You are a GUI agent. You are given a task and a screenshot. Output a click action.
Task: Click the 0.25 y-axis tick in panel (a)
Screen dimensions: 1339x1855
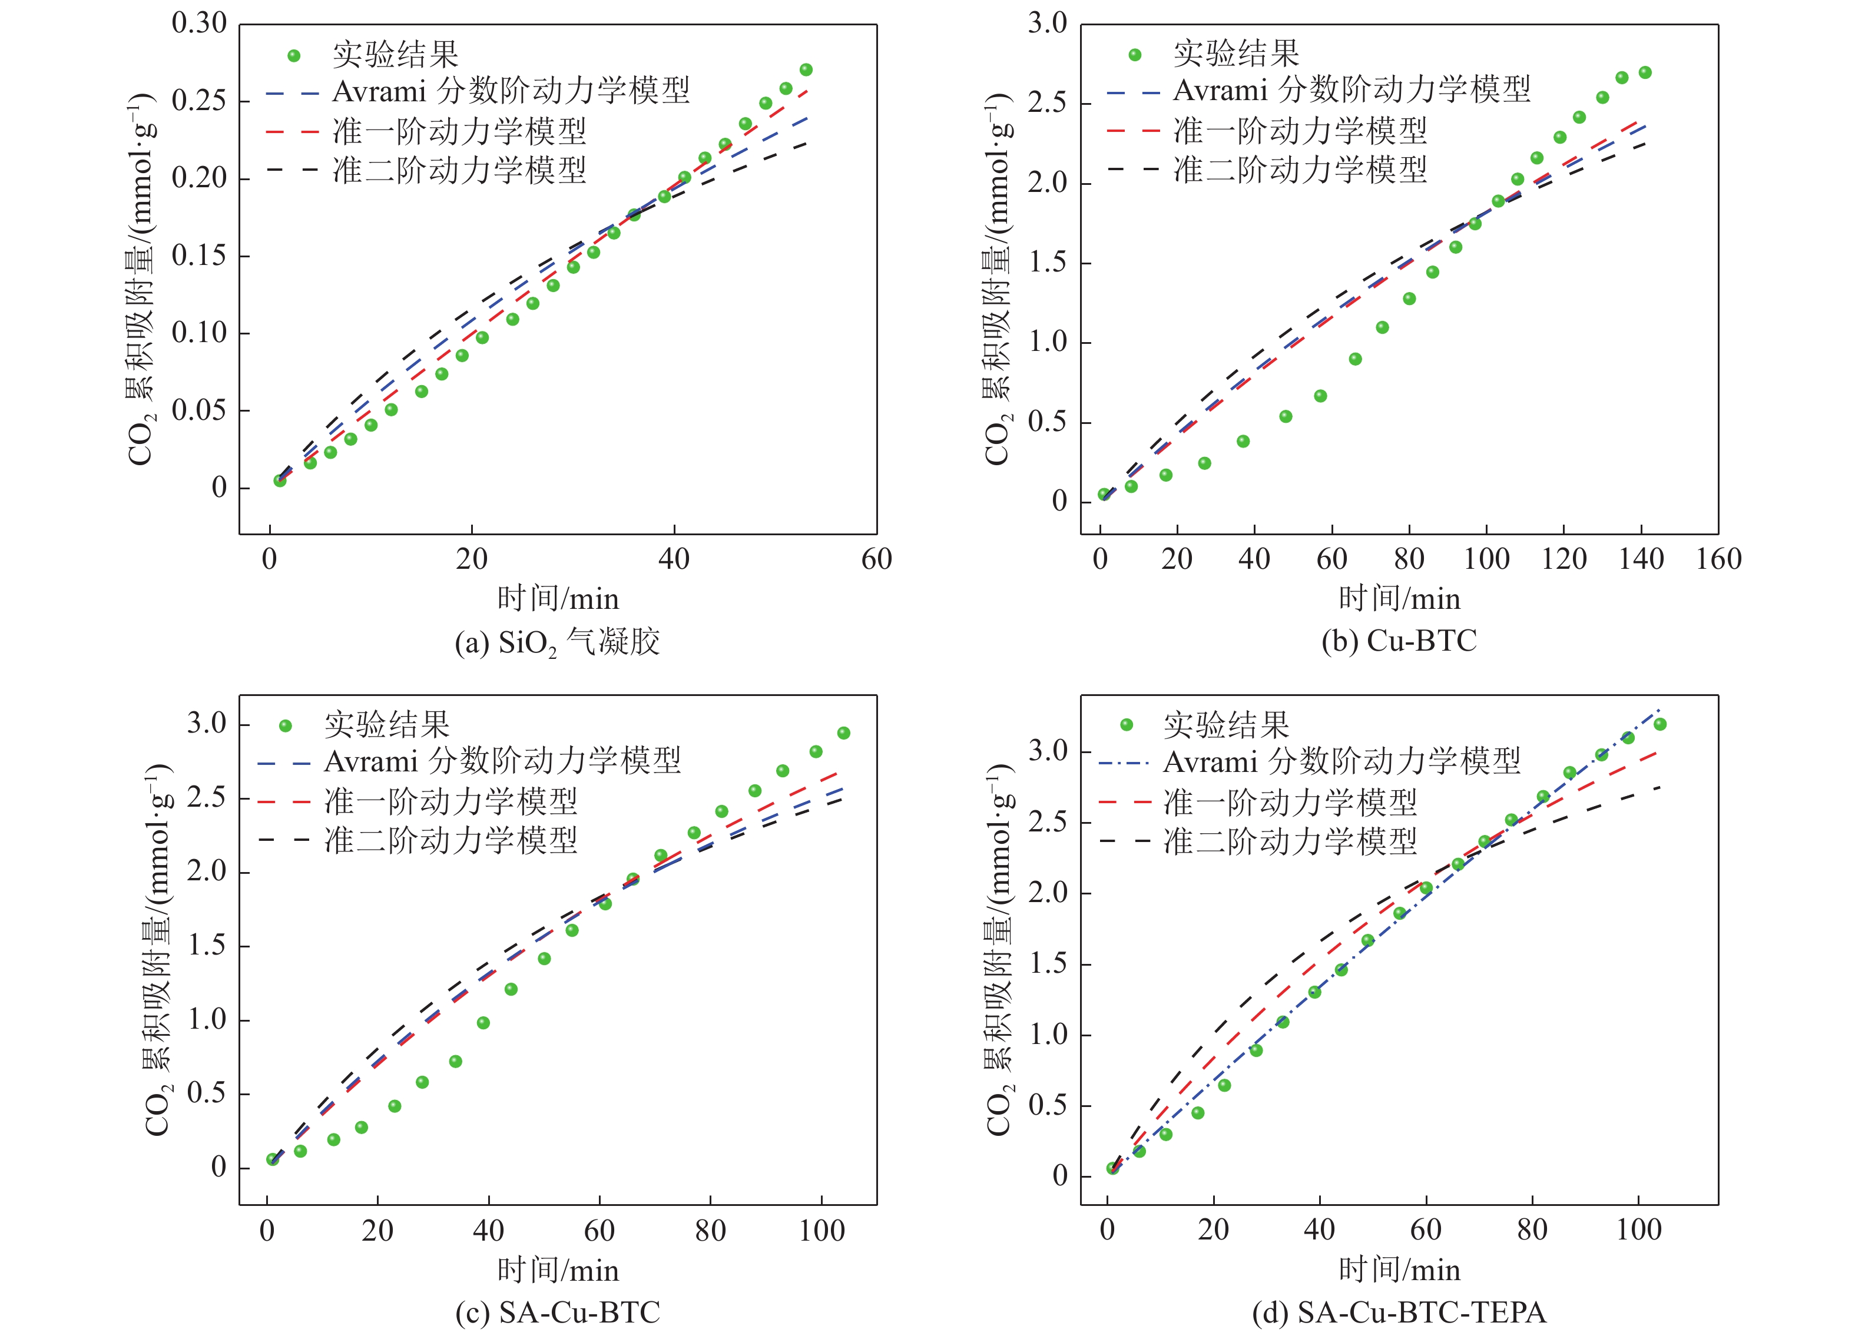(x=199, y=101)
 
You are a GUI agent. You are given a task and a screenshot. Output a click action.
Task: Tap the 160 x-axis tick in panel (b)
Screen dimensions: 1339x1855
(x=1718, y=559)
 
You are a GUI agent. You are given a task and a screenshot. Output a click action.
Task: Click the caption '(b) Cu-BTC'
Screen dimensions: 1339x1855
(x=1399, y=641)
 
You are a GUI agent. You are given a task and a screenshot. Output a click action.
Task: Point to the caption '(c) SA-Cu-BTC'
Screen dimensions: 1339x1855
(x=557, y=1313)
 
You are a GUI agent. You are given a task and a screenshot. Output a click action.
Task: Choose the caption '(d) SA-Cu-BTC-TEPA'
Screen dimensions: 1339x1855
(x=1399, y=1313)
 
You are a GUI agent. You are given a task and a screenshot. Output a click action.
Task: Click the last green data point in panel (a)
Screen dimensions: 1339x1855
(x=806, y=69)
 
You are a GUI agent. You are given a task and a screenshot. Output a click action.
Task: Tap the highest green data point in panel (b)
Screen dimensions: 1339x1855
(x=1645, y=73)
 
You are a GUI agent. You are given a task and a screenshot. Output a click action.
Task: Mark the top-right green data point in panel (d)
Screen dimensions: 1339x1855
(x=1659, y=724)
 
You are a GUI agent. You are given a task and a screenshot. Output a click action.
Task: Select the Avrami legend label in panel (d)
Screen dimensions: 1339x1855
(x=1341, y=763)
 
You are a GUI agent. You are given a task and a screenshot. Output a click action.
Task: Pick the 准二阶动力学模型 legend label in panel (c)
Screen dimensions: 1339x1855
(x=450, y=840)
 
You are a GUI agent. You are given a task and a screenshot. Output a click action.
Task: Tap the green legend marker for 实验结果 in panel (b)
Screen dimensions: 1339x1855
(x=1134, y=55)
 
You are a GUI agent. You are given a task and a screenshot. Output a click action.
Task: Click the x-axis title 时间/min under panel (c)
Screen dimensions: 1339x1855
(x=558, y=1270)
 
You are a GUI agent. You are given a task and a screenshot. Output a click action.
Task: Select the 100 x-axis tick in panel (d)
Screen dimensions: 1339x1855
(x=1638, y=1230)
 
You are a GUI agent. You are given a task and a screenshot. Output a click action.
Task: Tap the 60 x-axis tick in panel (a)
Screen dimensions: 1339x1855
(x=876, y=559)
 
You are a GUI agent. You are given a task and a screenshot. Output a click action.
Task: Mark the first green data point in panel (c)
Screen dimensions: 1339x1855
(x=272, y=1159)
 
